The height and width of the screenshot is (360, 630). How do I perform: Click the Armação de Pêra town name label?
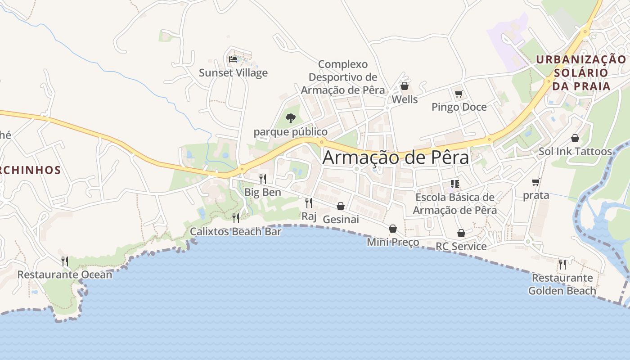coord(396,157)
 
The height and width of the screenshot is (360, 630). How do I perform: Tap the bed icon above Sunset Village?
coord(233,59)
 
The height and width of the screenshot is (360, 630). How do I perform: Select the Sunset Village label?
coord(233,73)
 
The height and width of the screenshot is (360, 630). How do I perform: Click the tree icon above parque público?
coord(291,118)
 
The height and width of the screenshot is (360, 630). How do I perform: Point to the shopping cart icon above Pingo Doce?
coord(459,94)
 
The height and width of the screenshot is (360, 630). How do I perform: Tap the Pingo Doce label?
coord(459,107)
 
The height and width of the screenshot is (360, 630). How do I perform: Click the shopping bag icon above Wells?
coord(405,86)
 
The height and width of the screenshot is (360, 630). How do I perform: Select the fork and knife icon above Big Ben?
coord(263,179)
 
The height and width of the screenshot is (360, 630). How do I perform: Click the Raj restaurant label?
coord(309,216)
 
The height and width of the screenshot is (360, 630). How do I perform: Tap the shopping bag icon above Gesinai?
coord(341,206)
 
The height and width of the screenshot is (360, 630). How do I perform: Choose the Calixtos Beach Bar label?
coord(235,232)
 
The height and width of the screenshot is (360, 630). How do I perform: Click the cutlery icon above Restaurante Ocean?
coord(65,261)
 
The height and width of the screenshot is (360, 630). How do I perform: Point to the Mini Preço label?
coord(393,243)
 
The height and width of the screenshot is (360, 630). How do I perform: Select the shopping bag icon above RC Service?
coord(461,233)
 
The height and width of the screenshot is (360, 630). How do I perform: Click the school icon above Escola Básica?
coord(454,184)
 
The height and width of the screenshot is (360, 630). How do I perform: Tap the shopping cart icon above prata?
coord(535,182)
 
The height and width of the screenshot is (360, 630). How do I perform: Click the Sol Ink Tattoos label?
coord(575,152)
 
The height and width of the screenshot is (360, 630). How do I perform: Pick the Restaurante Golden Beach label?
coord(562,284)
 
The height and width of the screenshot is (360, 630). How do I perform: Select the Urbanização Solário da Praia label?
coord(581,72)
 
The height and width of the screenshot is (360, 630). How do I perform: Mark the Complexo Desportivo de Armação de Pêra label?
coord(343,77)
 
